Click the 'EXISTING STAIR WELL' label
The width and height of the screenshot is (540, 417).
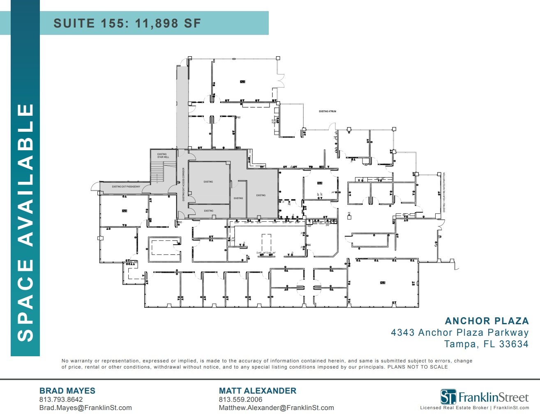click(x=163, y=156)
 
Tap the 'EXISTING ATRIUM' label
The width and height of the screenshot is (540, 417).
click(x=328, y=111)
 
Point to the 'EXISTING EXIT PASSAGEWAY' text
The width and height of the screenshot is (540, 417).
click(x=126, y=187)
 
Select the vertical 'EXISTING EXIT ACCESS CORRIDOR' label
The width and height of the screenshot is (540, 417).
click(x=183, y=184)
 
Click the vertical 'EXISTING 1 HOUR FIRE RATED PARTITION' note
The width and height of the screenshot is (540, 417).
click(x=444, y=192)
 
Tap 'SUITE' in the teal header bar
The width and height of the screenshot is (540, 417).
click(x=74, y=23)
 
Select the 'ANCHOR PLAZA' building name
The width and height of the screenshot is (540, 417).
click(x=487, y=321)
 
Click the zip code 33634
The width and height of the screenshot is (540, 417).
click(x=514, y=344)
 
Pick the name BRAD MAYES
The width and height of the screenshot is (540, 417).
click(x=67, y=391)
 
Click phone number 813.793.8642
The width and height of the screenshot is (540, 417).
click(x=61, y=399)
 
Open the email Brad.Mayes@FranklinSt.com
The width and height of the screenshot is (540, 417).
click(x=85, y=408)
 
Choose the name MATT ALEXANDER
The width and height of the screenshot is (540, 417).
click(x=258, y=391)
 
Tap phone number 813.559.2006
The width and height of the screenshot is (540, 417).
click(x=240, y=399)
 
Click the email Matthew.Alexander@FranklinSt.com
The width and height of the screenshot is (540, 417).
click(x=276, y=408)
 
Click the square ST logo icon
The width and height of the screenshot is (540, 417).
click(x=448, y=397)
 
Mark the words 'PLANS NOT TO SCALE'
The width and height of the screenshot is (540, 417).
click(x=418, y=367)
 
